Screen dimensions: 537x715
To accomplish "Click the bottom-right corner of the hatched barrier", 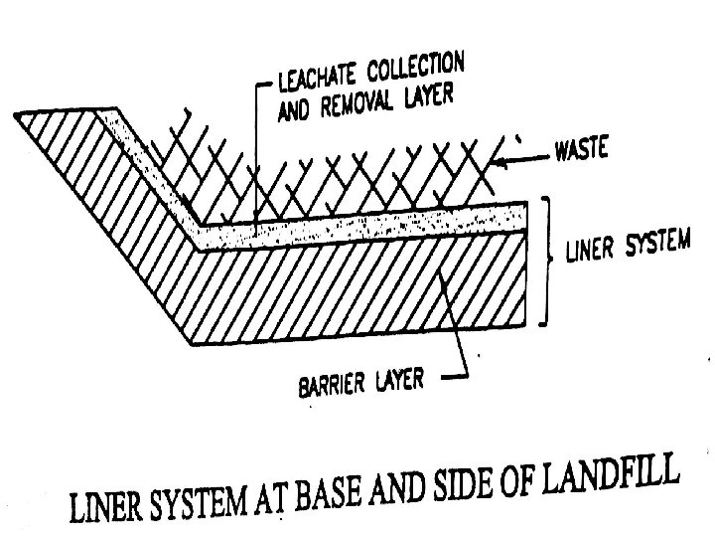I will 524,326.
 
